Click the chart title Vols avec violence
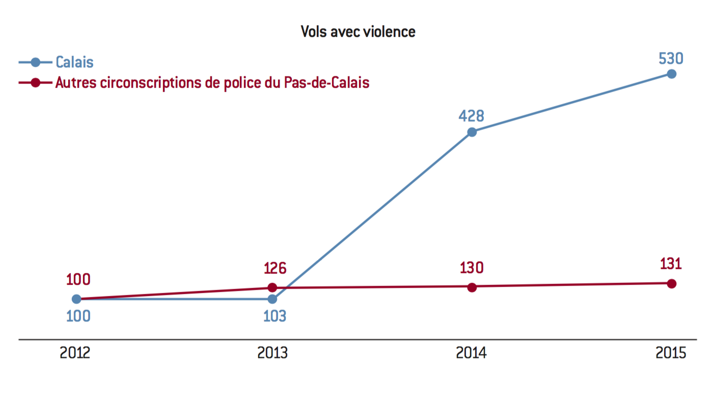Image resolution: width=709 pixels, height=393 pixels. pyautogui.click(x=358, y=32)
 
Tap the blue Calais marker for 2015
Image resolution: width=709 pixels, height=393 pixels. pyautogui.click(x=671, y=74)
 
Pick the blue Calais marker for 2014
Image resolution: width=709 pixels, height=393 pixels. pyautogui.click(x=472, y=132)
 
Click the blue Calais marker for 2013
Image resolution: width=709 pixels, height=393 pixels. pyautogui.click(x=272, y=299)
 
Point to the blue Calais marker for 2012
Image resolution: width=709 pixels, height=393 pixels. pyautogui.click(x=76, y=299)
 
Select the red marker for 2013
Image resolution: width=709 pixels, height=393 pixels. pyautogui.click(x=272, y=288)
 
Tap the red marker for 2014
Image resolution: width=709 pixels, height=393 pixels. pyautogui.click(x=472, y=287)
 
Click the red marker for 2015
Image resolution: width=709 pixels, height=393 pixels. pyautogui.click(x=671, y=284)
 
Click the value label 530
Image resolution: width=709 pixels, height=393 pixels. pyautogui.click(x=671, y=59)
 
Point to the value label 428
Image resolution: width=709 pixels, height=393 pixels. pyautogui.click(x=471, y=116)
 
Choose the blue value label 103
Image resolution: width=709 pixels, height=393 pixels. pyautogui.click(x=275, y=316)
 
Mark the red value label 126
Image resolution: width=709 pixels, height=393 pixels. pyautogui.click(x=275, y=268)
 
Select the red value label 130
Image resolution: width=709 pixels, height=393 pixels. pyautogui.click(x=471, y=268)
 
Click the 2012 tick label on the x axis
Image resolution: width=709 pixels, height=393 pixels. pyautogui.click(x=75, y=353)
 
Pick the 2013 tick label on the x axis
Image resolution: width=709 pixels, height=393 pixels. pyautogui.click(x=272, y=353)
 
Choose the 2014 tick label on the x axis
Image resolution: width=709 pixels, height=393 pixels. pyautogui.click(x=471, y=353)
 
